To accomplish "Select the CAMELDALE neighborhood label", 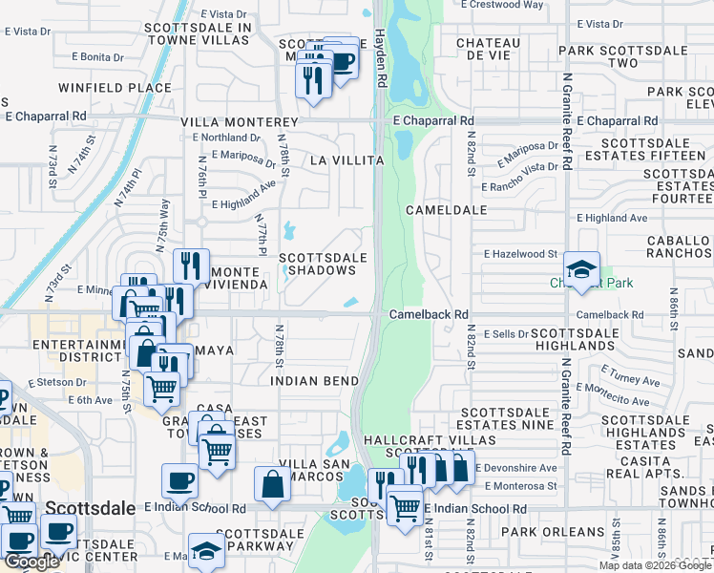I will pos(447,209).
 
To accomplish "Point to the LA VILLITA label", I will pos(345,161).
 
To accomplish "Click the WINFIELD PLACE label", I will pos(115,88).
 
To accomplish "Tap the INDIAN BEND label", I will pos(313,379).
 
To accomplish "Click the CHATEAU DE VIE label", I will pos(489,50).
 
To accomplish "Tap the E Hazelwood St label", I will pos(520,254).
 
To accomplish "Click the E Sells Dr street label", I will pos(505,334).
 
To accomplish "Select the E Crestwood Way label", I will pos(502,5).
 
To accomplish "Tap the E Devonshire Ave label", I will pos(514,468).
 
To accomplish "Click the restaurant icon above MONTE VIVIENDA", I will pos(191,266).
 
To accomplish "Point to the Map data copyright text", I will pos(655,565).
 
